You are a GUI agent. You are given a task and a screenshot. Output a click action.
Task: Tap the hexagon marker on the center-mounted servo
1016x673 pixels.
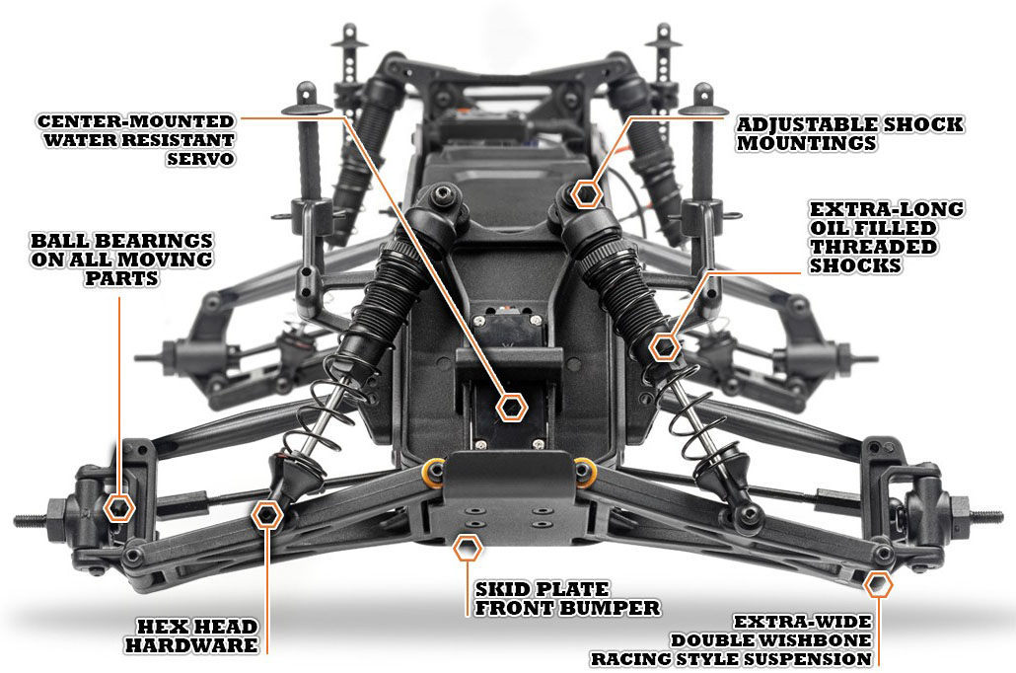[512, 407]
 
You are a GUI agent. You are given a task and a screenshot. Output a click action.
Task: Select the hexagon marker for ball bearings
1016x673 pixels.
[119, 507]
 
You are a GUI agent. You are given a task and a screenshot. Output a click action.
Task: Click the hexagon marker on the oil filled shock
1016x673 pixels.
[665, 346]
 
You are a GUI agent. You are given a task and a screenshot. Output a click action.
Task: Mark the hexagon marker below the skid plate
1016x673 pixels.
[466, 549]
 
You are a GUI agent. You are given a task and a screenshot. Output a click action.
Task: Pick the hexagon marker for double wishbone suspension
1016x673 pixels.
[877, 584]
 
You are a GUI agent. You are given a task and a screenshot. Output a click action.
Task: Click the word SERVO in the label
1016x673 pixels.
[204, 158]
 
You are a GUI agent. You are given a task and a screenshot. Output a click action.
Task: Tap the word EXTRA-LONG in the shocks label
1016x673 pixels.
[886, 209]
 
